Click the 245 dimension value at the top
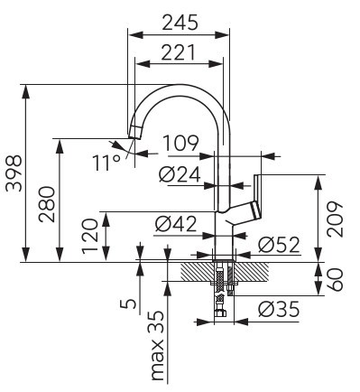coord(180,23)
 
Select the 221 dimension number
coord(179,52)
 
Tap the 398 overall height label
coord(14,173)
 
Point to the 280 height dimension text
coord(48,204)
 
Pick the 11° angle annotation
coord(106,163)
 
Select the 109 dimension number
coord(180,144)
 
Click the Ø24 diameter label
coord(180,174)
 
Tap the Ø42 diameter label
coord(176,224)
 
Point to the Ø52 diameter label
coord(279,244)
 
